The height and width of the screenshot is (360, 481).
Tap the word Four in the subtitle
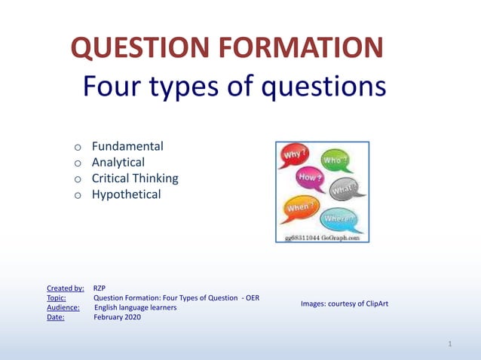pyautogui.click(x=114, y=87)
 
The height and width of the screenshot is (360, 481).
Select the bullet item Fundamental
pyautogui.click(x=127, y=146)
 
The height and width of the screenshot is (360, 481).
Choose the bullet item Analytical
pyautogui.click(x=118, y=162)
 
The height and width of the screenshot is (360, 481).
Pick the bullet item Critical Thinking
pyautogui.click(x=135, y=178)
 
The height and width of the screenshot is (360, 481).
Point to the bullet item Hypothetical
pyautogui.click(x=127, y=194)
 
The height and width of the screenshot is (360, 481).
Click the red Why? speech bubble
pyautogui.click(x=295, y=157)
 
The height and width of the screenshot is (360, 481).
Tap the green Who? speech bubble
pyautogui.click(x=335, y=161)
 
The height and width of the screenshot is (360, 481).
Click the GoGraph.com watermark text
pyautogui.click(x=322, y=237)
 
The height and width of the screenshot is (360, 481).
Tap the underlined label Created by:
pyautogui.click(x=65, y=288)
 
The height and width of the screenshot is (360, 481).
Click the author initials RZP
pyautogui.click(x=100, y=288)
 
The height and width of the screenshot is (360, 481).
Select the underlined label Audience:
pyautogui.click(x=63, y=307)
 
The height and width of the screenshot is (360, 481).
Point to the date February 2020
pyautogui.click(x=117, y=317)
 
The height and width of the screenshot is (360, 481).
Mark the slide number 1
pyautogui.click(x=449, y=344)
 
